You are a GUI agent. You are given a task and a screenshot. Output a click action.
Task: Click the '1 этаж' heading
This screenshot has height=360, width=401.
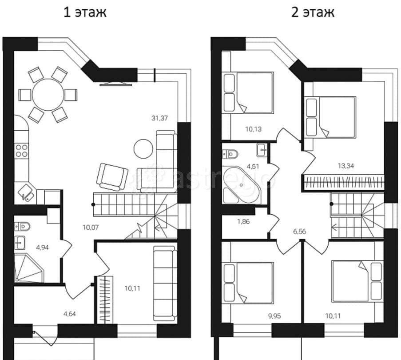click(x=85, y=12)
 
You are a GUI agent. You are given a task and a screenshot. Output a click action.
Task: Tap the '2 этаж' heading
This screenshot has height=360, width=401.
click(x=313, y=12)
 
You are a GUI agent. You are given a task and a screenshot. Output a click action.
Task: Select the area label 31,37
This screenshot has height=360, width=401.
click(x=159, y=118)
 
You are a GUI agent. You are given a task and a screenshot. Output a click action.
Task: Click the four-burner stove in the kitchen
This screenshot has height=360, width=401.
click(x=21, y=151)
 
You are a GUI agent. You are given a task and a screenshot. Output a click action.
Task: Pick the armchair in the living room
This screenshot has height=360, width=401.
click(x=112, y=177)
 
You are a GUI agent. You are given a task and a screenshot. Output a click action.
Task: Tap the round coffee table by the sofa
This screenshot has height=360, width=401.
click(x=143, y=148)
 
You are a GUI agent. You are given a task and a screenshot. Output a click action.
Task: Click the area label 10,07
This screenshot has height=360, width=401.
click(x=91, y=227)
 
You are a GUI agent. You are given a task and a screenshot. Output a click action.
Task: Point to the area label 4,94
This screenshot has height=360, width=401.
click(x=43, y=248)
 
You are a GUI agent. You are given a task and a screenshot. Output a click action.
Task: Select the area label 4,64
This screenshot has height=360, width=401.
click(x=70, y=313)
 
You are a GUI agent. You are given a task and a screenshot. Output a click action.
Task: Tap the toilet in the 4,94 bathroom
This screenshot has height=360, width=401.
click(x=22, y=226)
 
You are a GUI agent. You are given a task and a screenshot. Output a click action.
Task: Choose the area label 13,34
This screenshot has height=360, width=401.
click(x=346, y=166)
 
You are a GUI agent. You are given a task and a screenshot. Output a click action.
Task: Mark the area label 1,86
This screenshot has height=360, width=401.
click(x=243, y=221)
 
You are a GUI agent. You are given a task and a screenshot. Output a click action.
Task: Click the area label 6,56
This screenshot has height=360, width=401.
click(x=300, y=232)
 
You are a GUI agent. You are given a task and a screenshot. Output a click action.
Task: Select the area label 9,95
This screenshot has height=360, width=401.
click(x=274, y=316)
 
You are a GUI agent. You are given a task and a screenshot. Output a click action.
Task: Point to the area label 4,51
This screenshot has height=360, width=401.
click(x=253, y=166)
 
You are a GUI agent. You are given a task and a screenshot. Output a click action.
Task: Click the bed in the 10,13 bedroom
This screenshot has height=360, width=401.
click(x=249, y=92)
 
